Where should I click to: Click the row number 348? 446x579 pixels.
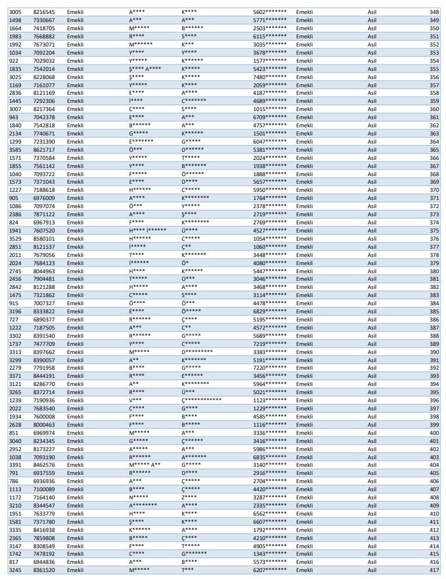pos(434,12)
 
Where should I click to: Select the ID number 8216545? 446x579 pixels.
pos(44,12)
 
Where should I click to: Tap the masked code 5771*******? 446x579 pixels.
pos(269,20)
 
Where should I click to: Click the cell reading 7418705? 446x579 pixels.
pos(44,28)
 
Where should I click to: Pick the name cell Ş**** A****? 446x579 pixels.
pos(145,69)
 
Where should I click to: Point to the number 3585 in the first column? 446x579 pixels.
pos(16,149)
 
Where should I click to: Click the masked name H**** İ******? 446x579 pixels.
pos(148,230)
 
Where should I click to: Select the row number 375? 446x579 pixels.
pos(434,230)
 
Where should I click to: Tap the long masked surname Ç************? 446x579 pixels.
pos(201,401)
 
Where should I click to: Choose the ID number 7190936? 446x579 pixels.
pos(44,401)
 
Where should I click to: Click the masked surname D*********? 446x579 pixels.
pos(197,352)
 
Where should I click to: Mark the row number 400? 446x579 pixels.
pos(434,433)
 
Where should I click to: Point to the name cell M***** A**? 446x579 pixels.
pos(145,465)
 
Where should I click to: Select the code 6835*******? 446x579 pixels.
pos(269,457)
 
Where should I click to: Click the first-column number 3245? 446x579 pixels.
pos(16,570)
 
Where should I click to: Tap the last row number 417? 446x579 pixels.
pos(434,570)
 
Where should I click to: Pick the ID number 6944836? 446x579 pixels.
pos(44,562)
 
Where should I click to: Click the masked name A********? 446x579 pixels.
pos(143,506)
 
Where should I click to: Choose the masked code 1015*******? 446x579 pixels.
pos(269,109)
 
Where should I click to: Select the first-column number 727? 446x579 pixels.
pos(14,320)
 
